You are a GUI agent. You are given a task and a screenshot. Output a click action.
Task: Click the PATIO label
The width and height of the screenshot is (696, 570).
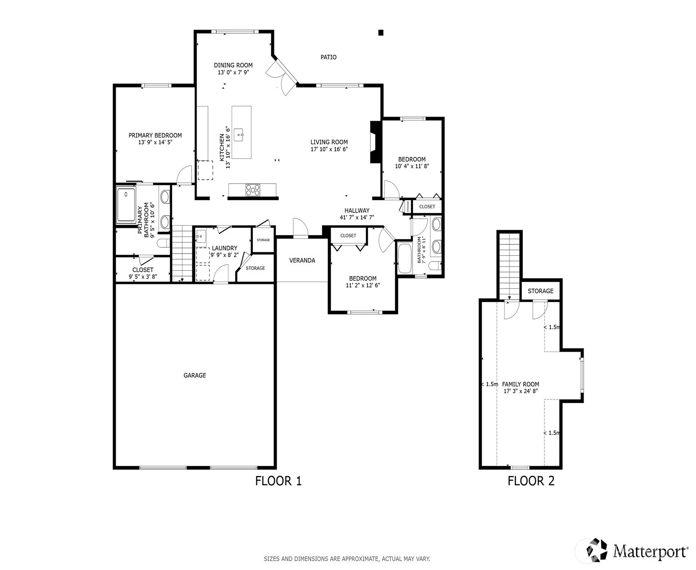point(328,57)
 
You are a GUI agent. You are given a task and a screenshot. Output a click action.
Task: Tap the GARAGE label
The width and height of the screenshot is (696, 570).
point(195,375)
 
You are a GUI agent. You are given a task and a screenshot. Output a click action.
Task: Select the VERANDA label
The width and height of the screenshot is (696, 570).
point(302,260)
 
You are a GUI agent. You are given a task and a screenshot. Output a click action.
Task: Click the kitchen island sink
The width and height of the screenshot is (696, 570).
point(239,135)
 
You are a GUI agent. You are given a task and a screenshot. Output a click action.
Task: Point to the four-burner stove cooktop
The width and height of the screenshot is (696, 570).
point(253,190)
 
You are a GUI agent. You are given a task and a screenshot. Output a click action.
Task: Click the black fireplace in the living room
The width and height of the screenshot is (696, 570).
point(376,142)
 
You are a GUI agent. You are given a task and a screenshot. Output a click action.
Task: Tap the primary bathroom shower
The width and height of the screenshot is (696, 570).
point(126,205)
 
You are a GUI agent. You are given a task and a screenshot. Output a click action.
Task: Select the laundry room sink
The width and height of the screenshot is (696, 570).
point(201,236)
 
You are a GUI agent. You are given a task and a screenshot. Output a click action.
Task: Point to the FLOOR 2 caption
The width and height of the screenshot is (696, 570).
point(531,481)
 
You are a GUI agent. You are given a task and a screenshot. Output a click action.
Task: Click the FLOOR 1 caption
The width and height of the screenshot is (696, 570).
point(278,481)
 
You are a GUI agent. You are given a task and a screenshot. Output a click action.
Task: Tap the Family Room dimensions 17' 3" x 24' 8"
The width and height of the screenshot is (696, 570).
point(520,391)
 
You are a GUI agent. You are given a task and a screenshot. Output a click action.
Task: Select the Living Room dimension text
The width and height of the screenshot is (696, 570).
point(329,149)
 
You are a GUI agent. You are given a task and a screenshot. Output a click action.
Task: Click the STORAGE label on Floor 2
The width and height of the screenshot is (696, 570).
point(540,291)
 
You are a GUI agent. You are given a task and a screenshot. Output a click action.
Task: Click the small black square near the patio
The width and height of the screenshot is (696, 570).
point(380,32)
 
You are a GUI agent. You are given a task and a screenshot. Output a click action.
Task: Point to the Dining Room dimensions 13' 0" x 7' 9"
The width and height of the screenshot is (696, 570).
point(233,72)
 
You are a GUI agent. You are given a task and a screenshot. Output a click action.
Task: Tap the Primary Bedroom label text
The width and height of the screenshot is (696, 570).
point(155,135)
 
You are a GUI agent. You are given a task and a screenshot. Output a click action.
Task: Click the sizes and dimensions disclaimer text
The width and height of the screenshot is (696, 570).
point(347,559)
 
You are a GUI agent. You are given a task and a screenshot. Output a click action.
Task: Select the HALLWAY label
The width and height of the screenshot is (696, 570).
point(357,210)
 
